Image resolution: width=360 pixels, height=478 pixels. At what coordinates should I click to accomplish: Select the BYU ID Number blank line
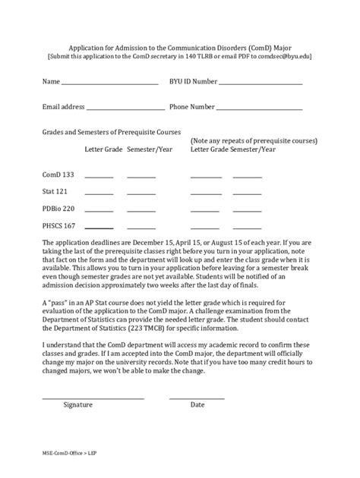pyautogui.click(x=261, y=83)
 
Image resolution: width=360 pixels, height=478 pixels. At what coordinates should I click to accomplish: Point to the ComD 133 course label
pyautogui.click(x=58, y=175)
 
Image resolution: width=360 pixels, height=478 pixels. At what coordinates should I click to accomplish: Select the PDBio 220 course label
pyautogui.click(x=58, y=208)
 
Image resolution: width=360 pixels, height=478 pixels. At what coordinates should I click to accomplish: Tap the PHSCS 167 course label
pyautogui.click(x=59, y=225)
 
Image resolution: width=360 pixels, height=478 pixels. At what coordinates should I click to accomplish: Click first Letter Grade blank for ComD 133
pyautogui.click(x=99, y=177)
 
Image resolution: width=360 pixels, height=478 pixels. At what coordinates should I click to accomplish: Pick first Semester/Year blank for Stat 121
pyautogui.click(x=141, y=193)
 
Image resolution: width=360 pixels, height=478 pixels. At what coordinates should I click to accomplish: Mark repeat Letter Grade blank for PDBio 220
pyautogui.click(x=206, y=210)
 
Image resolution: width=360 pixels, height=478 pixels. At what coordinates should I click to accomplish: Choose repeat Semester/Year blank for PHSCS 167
pyautogui.click(x=248, y=228)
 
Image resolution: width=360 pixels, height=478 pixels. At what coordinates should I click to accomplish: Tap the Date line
pyautogui.click(x=197, y=398)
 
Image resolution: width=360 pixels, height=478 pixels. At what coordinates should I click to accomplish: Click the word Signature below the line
pyautogui.click(x=78, y=405)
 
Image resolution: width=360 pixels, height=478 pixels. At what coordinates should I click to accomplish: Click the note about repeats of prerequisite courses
pyautogui.click(x=254, y=141)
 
